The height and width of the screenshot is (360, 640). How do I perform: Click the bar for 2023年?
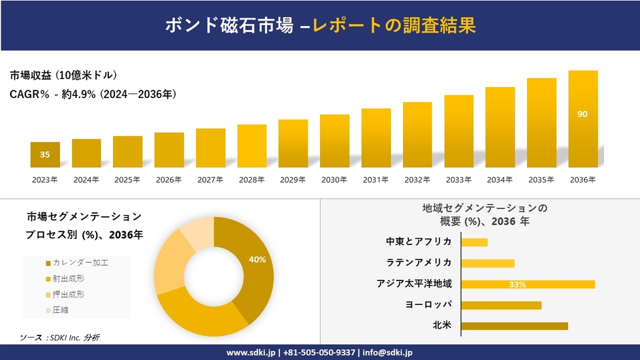point(45,154)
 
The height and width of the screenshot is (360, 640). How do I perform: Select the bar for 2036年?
point(583,119)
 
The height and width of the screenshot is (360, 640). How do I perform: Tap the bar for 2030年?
point(334,141)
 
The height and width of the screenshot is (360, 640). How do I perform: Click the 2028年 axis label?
point(251,180)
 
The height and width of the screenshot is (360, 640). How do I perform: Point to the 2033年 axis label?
point(458,180)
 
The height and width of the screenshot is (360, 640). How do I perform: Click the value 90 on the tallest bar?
point(583,114)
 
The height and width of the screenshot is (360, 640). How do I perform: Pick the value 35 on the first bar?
point(45,154)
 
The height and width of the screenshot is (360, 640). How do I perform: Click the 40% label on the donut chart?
point(257,259)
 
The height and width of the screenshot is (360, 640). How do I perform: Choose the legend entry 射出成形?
point(67,278)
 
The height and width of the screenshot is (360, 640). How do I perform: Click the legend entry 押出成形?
point(67,294)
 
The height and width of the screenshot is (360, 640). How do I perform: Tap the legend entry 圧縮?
point(59,310)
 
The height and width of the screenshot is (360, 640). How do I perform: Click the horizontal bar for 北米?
point(514,326)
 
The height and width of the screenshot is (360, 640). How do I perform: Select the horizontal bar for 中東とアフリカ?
point(474,242)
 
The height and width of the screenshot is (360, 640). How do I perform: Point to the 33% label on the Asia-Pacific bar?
point(517,284)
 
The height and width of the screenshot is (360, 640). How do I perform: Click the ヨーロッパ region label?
point(429,305)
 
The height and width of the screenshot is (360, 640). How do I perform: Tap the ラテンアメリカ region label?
point(419,263)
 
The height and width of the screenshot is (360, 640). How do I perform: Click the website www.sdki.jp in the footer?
point(250,353)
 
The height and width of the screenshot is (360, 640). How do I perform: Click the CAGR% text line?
point(94,95)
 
